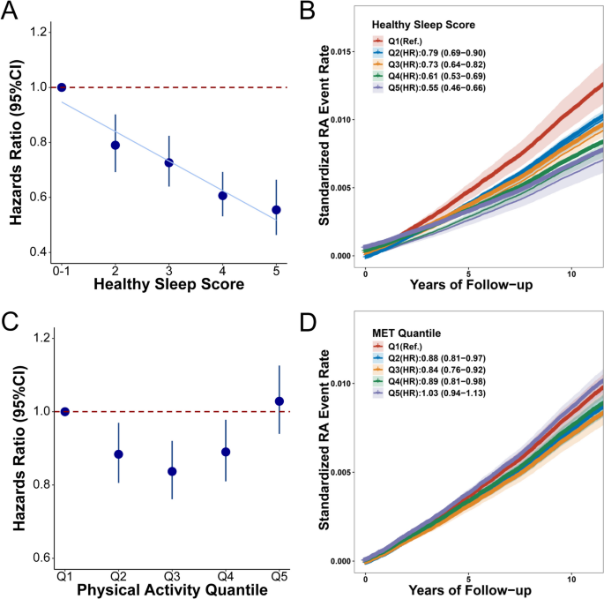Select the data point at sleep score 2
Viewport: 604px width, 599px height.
tap(115, 145)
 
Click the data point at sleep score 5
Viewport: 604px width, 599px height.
tap(276, 210)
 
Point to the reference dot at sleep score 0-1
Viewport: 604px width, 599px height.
tap(62, 87)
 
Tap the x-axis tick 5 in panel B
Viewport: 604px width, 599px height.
tap(468, 272)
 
